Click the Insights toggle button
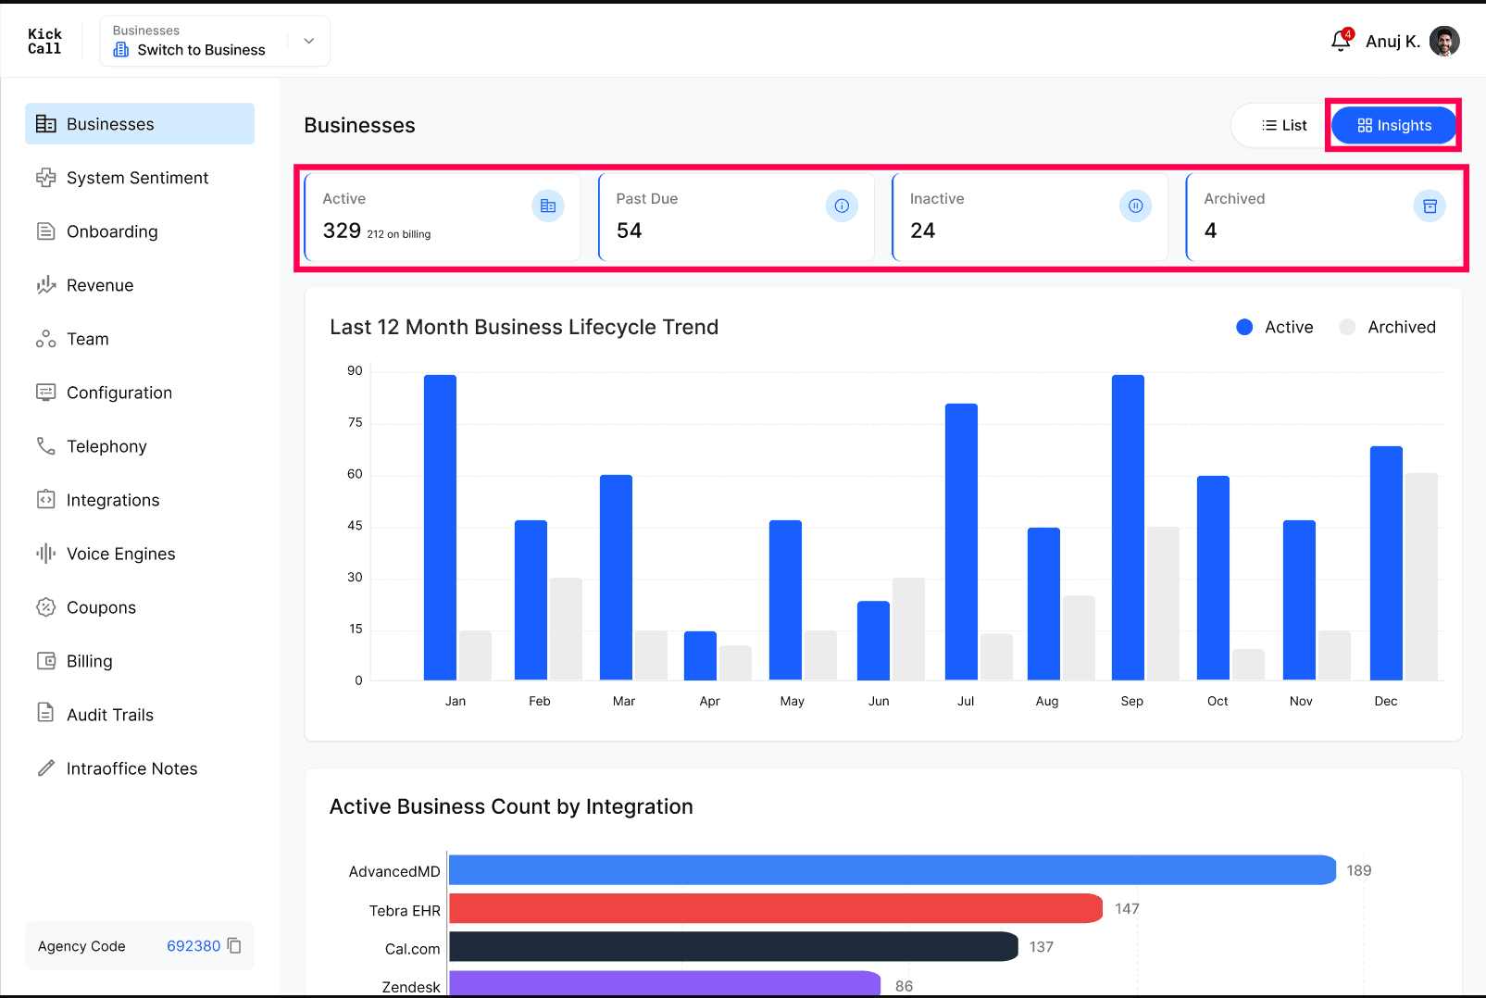tap(1393, 125)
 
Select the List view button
tap(1283, 125)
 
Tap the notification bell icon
tap(1341, 41)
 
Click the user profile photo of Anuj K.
tap(1444, 41)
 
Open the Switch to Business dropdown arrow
tap(308, 41)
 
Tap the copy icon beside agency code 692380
tap(234, 945)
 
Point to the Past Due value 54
tap(629, 231)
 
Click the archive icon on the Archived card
tap(1430, 206)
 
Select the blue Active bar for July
tap(961, 542)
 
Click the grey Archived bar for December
tap(1421, 577)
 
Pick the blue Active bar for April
tap(700, 655)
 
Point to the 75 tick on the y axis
tap(355, 423)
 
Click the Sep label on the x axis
tap(1131, 702)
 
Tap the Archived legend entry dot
tap(1347, 327)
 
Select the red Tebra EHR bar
tap(776, 908)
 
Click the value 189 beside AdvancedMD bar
tap(1358, 870)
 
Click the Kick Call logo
tap(44, 41)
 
